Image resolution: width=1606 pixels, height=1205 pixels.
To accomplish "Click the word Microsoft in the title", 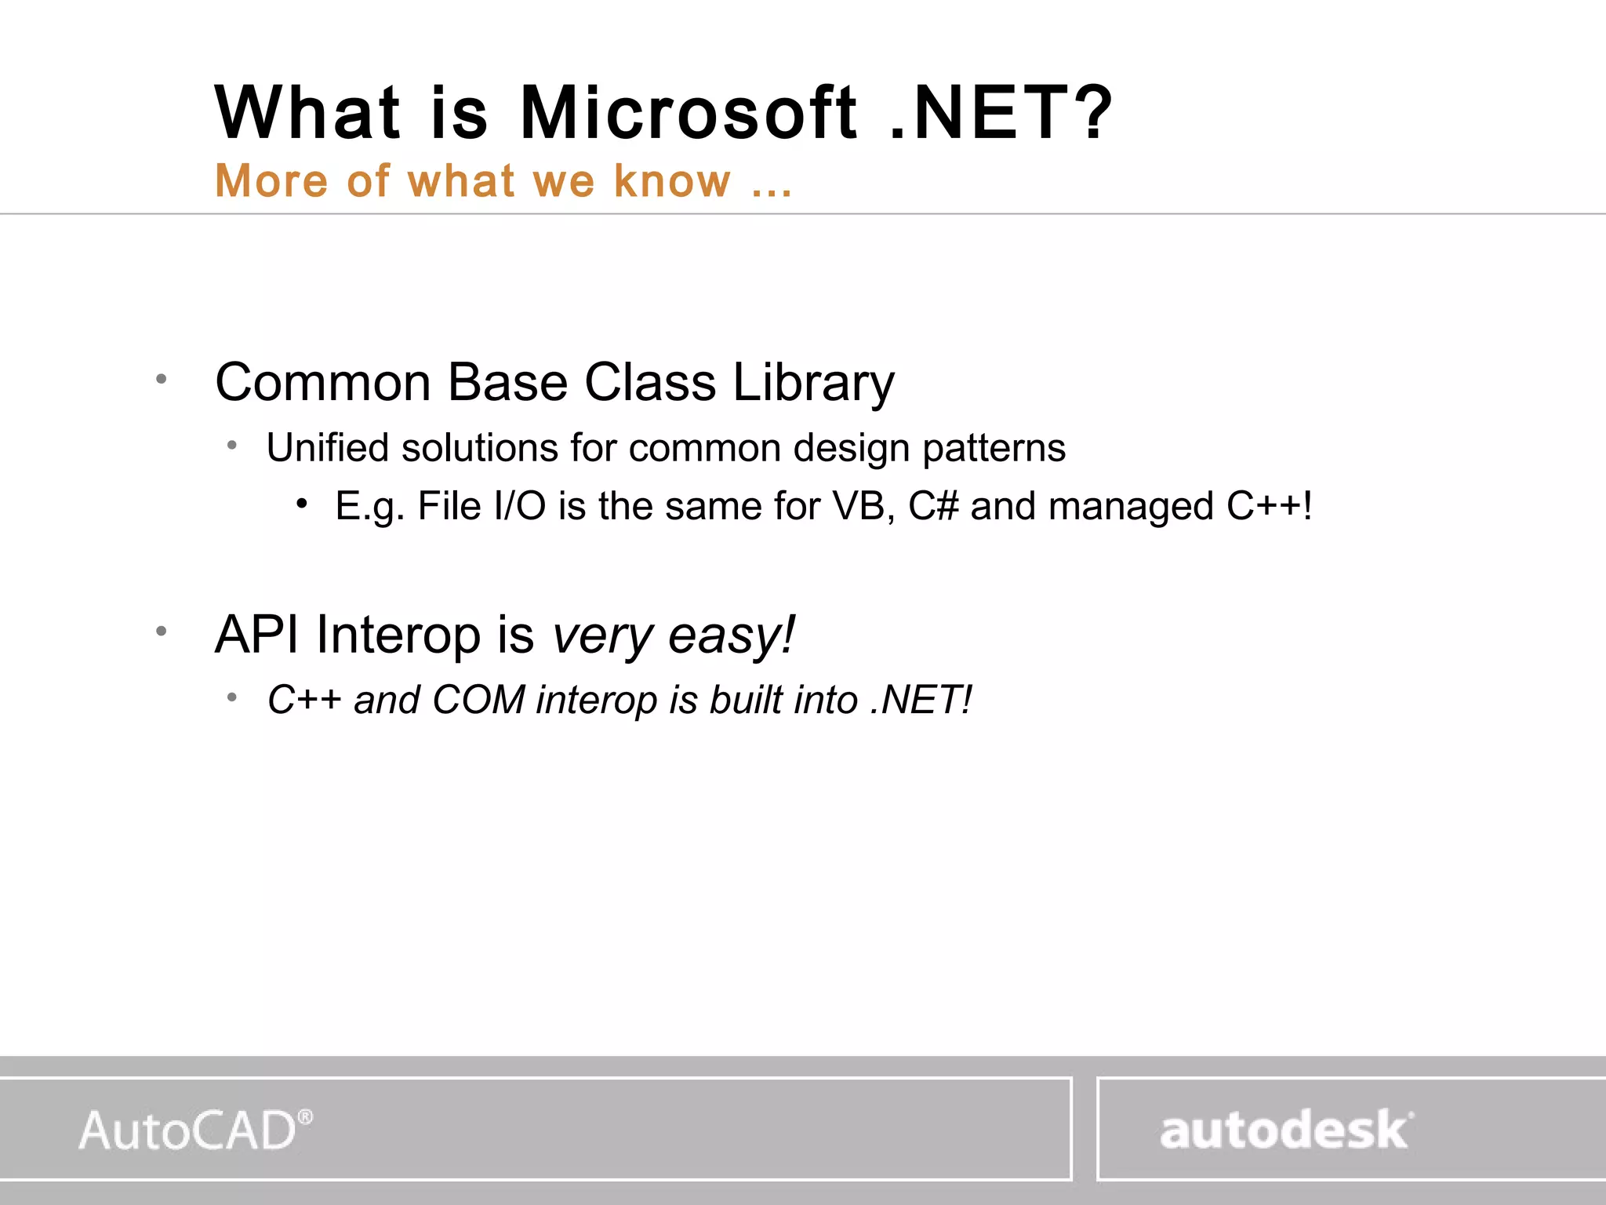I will click(x=689, y=114).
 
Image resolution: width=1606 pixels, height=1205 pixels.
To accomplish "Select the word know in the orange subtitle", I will click(x=672, y=181).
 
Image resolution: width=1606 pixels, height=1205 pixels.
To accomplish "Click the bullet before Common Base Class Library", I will click(x=162, y=380).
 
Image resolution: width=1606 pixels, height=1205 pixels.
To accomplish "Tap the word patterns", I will click(x=994, y=449).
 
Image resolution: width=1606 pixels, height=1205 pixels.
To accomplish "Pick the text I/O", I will click(x=519, y=506).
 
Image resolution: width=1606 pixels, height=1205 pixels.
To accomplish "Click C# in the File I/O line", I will click(x=933, y=506).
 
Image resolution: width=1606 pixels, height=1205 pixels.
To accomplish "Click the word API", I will click(x=257, y=634).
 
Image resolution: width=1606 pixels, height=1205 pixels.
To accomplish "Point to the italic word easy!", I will click(x=732, y=635).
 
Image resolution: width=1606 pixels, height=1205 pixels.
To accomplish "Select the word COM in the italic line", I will click(x=478, y=700).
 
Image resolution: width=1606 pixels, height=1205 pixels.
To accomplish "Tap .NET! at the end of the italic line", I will click(x=921, y=700).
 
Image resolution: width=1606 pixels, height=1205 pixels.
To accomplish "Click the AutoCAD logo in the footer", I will click(x=195, y=1130).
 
